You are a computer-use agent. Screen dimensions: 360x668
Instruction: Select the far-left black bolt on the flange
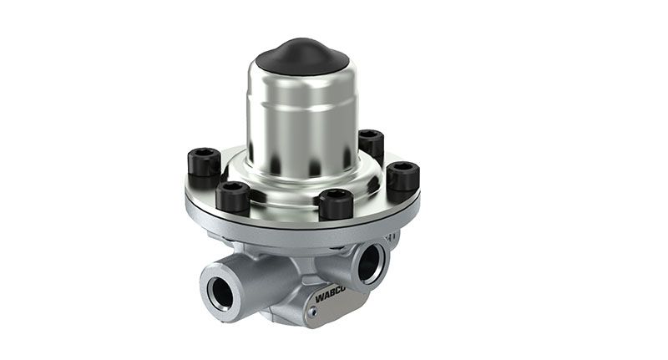click(x=204, y=161)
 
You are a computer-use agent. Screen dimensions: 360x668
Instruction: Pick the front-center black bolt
click(x=336, y=203)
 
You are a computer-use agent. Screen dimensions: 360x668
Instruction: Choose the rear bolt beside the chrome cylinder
click(x=370, y=143)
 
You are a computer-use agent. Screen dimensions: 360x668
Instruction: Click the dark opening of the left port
click(x=221, y=293)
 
